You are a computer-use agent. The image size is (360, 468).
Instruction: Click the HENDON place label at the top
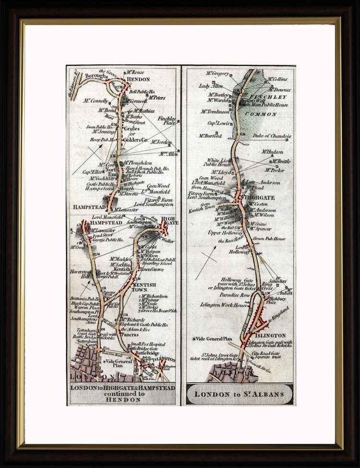139,79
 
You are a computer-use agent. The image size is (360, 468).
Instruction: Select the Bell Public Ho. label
142,92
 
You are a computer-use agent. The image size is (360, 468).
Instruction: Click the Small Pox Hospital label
149,344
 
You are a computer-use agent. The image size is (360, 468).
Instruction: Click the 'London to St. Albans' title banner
239,394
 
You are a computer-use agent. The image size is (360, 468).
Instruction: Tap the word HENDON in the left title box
122,399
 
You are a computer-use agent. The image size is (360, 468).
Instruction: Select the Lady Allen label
211,86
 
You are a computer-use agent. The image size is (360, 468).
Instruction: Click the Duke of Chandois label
272,136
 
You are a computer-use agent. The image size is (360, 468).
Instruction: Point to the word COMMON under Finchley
261,114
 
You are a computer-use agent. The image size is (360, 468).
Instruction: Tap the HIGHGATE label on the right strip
260,197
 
